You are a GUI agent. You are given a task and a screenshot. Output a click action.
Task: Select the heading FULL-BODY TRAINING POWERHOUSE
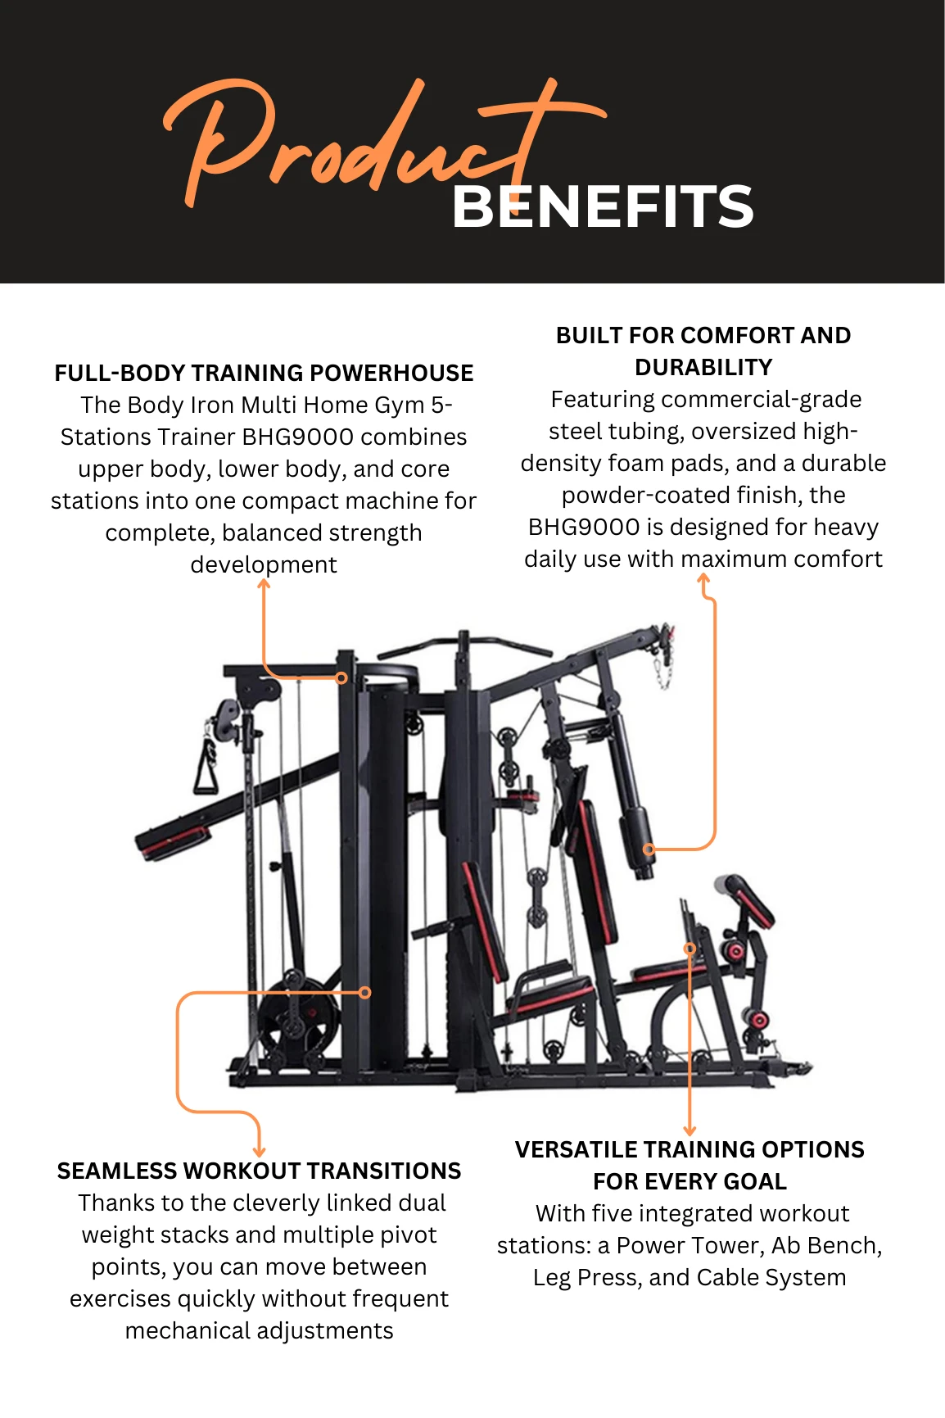tap(264, 374)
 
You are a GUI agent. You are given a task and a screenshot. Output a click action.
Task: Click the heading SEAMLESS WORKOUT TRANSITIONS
tap(259, 1171)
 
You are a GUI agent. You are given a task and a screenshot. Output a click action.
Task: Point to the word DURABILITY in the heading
tap(703, 368)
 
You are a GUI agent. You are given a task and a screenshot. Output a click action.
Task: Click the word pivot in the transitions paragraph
tap(407, 1235)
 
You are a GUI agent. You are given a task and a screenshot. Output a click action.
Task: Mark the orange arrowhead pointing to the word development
tap(264, 584)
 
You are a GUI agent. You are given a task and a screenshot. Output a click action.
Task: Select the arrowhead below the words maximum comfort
tap(703, 579)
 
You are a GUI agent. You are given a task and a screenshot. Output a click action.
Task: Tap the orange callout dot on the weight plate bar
tap(365, 992)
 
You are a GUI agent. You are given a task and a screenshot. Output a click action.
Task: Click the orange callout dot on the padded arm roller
tap(649, 849)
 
